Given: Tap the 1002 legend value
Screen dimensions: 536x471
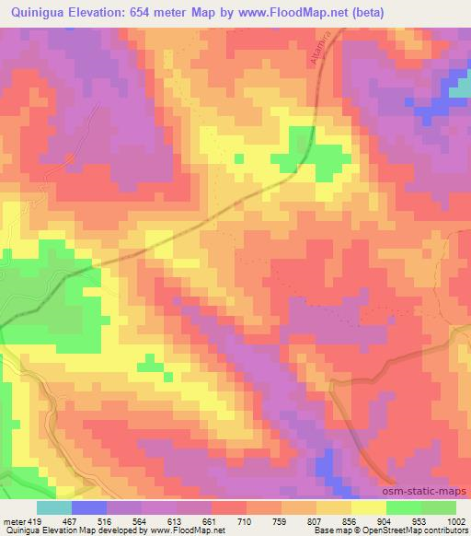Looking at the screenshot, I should (454, 520).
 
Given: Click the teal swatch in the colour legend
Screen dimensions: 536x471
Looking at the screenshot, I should (54, 507).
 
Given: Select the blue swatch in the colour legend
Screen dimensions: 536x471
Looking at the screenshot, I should (89, 507).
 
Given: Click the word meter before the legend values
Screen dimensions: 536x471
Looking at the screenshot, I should (13, 520).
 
